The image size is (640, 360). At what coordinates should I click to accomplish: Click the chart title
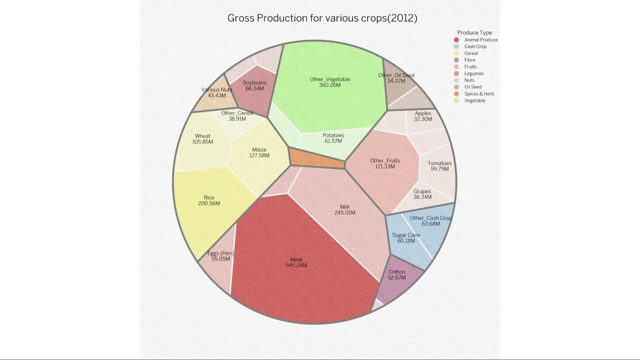[x=322, y=18]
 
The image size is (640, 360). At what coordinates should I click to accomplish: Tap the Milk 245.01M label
[x=345, y=209]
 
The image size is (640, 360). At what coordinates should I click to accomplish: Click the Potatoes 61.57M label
[x=333, y=138]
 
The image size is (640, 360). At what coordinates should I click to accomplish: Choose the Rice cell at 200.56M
[x=208, y=200]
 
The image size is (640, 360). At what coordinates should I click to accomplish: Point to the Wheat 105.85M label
[x=202, y=139]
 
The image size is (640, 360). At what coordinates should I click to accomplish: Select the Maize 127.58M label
[x=259, y=152]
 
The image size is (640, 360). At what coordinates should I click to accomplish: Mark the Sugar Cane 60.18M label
[x=406, y=238]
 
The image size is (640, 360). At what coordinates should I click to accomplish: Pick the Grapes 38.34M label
[x=422, y=194]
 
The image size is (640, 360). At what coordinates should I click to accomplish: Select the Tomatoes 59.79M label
[x=439, y=166]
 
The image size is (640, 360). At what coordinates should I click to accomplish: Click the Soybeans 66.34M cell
[x=254, y=87]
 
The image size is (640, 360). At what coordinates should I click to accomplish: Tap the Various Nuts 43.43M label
[x=216, y=92]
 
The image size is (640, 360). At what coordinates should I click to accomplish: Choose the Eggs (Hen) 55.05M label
[x=220, y=256]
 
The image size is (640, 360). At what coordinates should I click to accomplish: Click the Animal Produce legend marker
[x=456, y=40]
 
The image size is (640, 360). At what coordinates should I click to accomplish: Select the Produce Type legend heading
[x=474, y=32]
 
